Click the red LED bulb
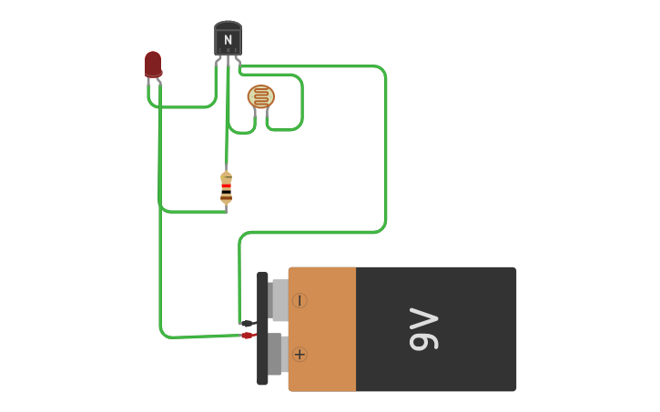[153, 64]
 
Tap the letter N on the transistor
[228, 40]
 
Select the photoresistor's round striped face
[261, 96]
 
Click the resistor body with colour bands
[226, 187]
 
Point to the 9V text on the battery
[424, 329]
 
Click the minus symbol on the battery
[300, 300]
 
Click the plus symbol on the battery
[300, 354]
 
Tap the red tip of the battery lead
[247, 336]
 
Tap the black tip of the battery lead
[247, 323]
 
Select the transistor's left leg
[218, 61]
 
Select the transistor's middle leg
[228, 61]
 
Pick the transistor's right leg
[238, 61]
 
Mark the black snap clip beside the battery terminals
[262, 328]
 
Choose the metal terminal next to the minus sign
[279, 300]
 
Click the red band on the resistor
[226, 186]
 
